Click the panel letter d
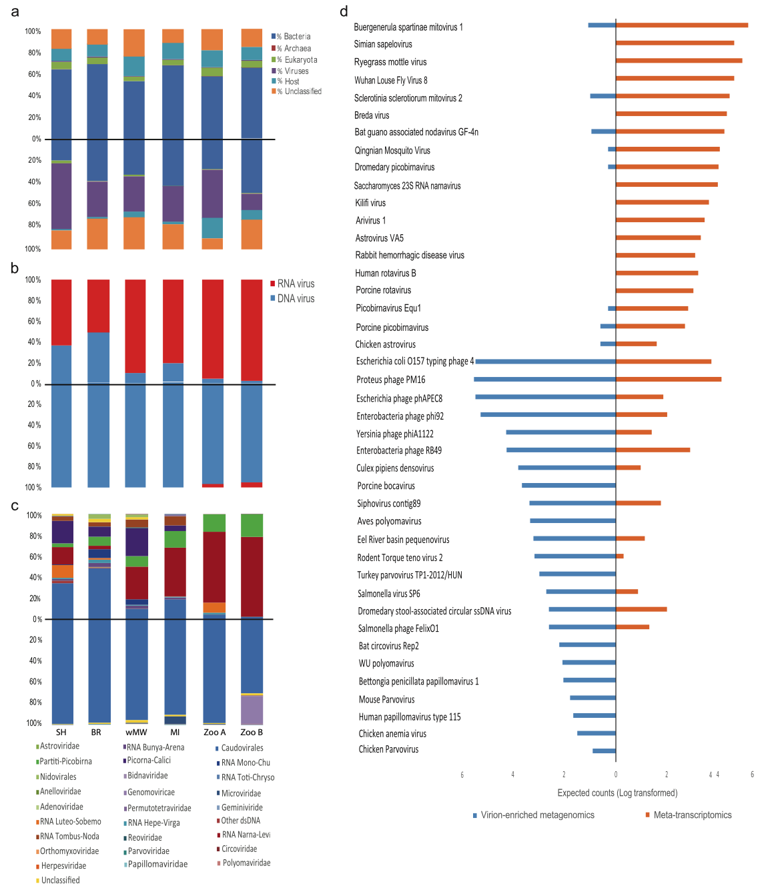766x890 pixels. click(344, 11)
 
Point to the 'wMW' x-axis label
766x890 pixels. click(136, 732)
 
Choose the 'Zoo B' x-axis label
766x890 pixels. click(252, 732)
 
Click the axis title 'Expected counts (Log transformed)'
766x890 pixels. click(617, 793)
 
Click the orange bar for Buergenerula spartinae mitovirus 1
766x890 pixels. click(681, 25)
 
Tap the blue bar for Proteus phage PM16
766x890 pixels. click(544, 379)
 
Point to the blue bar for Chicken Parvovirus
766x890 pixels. click(604, 751)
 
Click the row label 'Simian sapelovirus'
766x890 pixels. click(383, 44)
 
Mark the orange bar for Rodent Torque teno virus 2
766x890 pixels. click(620, 556)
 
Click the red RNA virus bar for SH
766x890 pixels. click(61, 312)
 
